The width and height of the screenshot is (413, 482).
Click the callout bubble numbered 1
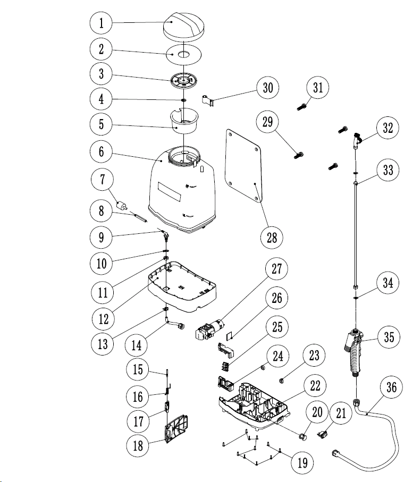tap(101, 23)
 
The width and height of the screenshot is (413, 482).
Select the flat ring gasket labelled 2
tap(183, 54)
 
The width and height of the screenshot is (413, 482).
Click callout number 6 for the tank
tap(101, 151)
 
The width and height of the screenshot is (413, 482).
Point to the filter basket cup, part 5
tap(184, 121)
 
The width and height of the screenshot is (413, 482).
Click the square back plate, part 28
tap(243, 165)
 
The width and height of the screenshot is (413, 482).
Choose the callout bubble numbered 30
tap(268, 88)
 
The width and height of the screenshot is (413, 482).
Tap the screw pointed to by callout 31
tap(301, 107)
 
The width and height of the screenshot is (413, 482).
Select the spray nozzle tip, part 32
tap(357, 140)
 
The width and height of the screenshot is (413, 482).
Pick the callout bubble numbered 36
tap(391, 387)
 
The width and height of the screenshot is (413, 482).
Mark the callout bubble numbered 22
tap(315, 385)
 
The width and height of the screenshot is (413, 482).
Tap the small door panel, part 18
tap(176, 428)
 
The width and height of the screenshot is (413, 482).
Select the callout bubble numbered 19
tap(302, 462)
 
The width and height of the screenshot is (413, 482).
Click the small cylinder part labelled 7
tap(122, 205)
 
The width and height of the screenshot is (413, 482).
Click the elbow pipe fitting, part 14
tap(175, 324)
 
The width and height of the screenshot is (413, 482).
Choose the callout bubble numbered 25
tap(277, 327)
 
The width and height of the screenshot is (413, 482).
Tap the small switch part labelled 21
tap(322, 434)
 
